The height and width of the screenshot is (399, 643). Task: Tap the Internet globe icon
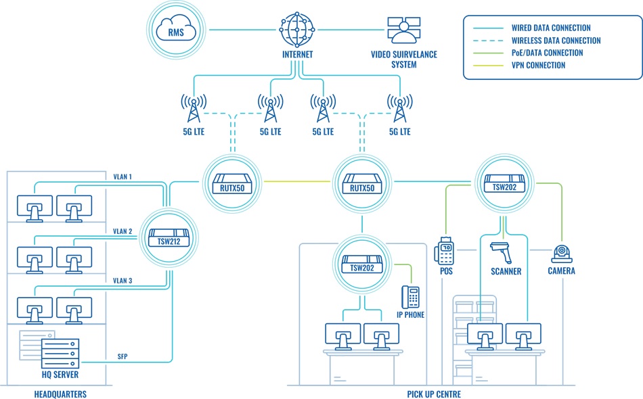click(x=298, y=28)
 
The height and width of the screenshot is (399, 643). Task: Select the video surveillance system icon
click(x=403, y=29)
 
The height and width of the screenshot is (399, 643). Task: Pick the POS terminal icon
click(x=445, y=251)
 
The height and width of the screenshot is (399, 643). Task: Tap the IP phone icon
click(x=410, y=297)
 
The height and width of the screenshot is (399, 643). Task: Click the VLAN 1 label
click(x=122, y=177)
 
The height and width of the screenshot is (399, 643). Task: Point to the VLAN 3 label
click(x=122, y=281)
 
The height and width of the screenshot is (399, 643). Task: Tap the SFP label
click(x=123, y=356)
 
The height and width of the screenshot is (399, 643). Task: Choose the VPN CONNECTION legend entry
click(x=539, y=66)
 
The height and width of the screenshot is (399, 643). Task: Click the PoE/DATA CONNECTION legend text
click(x=548, y=53)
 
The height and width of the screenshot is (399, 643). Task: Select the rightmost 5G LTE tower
click(x=399, y=107)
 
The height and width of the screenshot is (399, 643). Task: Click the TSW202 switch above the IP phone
click(x=362, y=264)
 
